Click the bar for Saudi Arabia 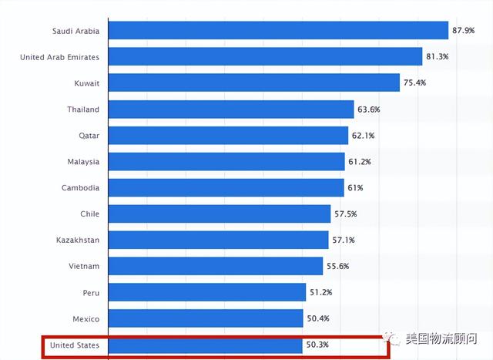[279, 31]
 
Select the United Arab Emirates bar [266, 57]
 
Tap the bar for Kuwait [254, 83]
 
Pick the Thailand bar [231, 109]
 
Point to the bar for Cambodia [226, 188]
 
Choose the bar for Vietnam [216, 267]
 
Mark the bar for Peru [207, 293]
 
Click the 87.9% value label [464, 31]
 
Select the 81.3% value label [438, 57]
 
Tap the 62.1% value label [364, 136]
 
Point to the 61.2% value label [361, 162]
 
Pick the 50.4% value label [319, 319]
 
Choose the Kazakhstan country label [78, 241]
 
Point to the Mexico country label [85, 319]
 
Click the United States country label [74, 345]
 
